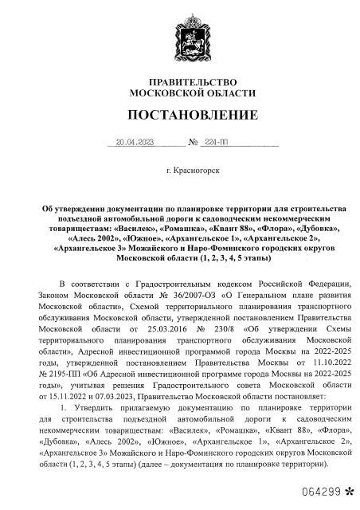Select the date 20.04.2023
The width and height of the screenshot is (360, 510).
[134, 143]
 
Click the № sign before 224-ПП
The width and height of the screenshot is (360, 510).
[193, 143]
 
